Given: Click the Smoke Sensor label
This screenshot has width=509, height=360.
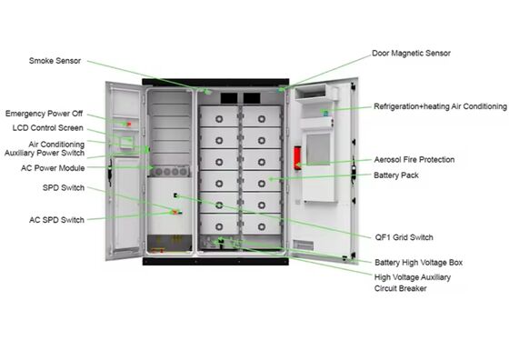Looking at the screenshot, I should [x=55, y=61].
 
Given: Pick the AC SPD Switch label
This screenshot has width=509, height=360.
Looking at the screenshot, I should [x=56, y=220].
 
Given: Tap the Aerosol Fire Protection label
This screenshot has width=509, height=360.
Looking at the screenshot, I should [x=414, y=160].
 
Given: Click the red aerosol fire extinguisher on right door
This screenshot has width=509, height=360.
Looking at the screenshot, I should [x=296, y=157].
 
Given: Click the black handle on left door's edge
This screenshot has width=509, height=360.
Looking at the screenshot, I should [x=111, y=167].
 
